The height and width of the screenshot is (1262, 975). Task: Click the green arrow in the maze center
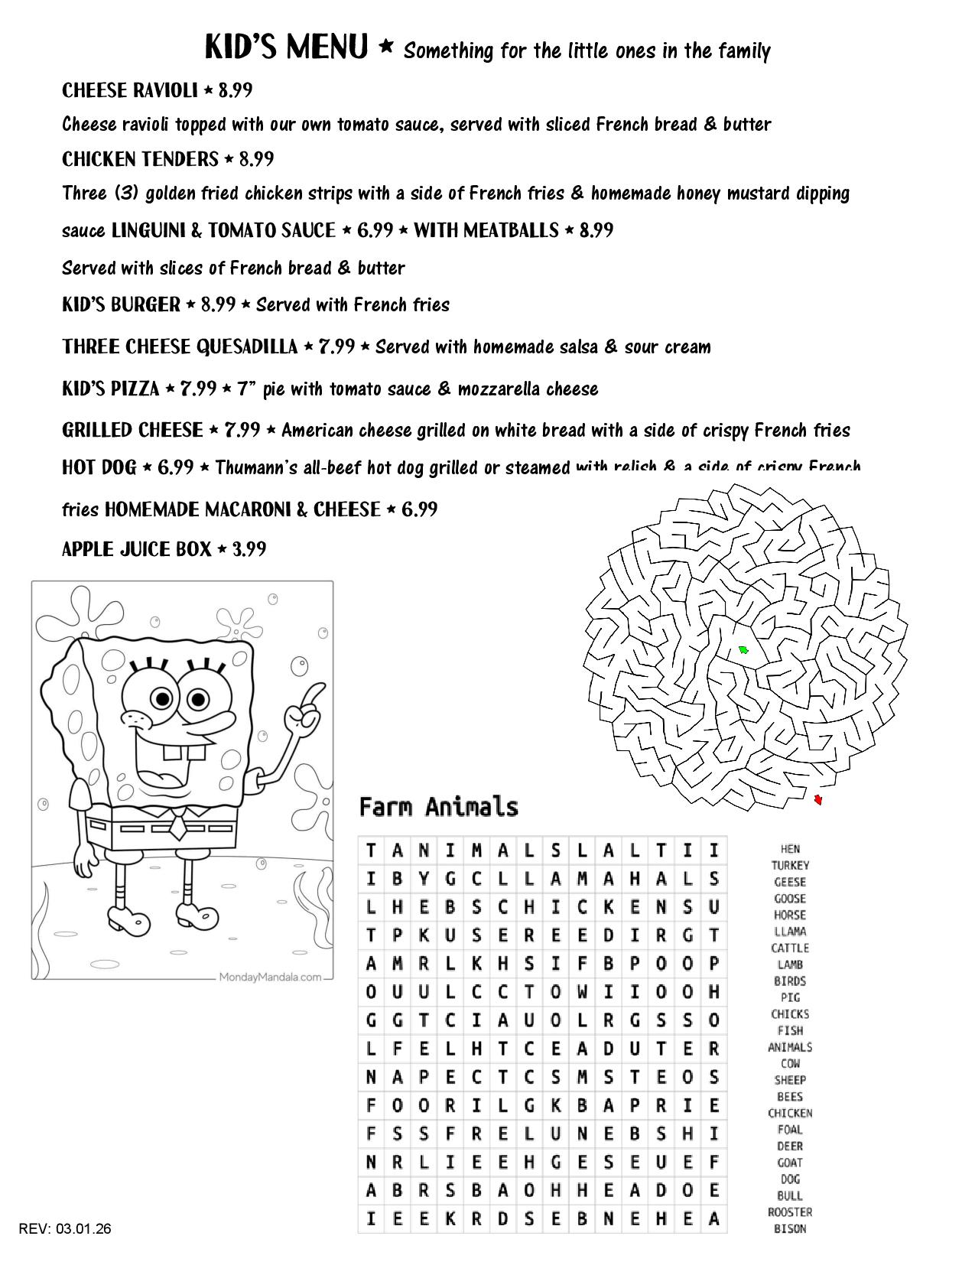pyautogui.click(x=743, y=650)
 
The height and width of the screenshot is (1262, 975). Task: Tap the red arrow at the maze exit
pyautogui.click(x=817, y=800)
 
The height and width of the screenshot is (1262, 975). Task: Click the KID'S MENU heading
pyautogui.click(x=287, y=47)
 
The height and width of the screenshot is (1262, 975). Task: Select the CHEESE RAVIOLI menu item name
pyautogui.click(x=129, y=90)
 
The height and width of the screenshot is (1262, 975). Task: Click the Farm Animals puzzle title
pyautogui.click(x=438, y=807)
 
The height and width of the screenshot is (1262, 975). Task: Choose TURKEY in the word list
pyautogui.click(x=790, y=865)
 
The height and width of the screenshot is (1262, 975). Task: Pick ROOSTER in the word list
pyautogui.click(x=790, y=1212)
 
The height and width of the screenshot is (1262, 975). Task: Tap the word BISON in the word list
pyautogui.click(x=790, y=1229)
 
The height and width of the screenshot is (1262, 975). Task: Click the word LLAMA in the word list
pyautogui.click(x=790, y=932)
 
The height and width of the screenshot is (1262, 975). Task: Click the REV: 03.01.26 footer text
pyautogui.click(x=65, y=1229)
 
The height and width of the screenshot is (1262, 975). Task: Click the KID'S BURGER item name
pyautogui.click(x=121, y=304)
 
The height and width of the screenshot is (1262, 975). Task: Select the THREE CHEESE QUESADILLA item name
pyautogui.click(x=180, y=346)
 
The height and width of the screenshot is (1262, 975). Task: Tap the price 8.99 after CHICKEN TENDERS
pyautogui.click(x=256, y=159)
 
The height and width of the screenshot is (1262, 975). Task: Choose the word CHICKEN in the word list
pyautogui.click(x=790, y=1113)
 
